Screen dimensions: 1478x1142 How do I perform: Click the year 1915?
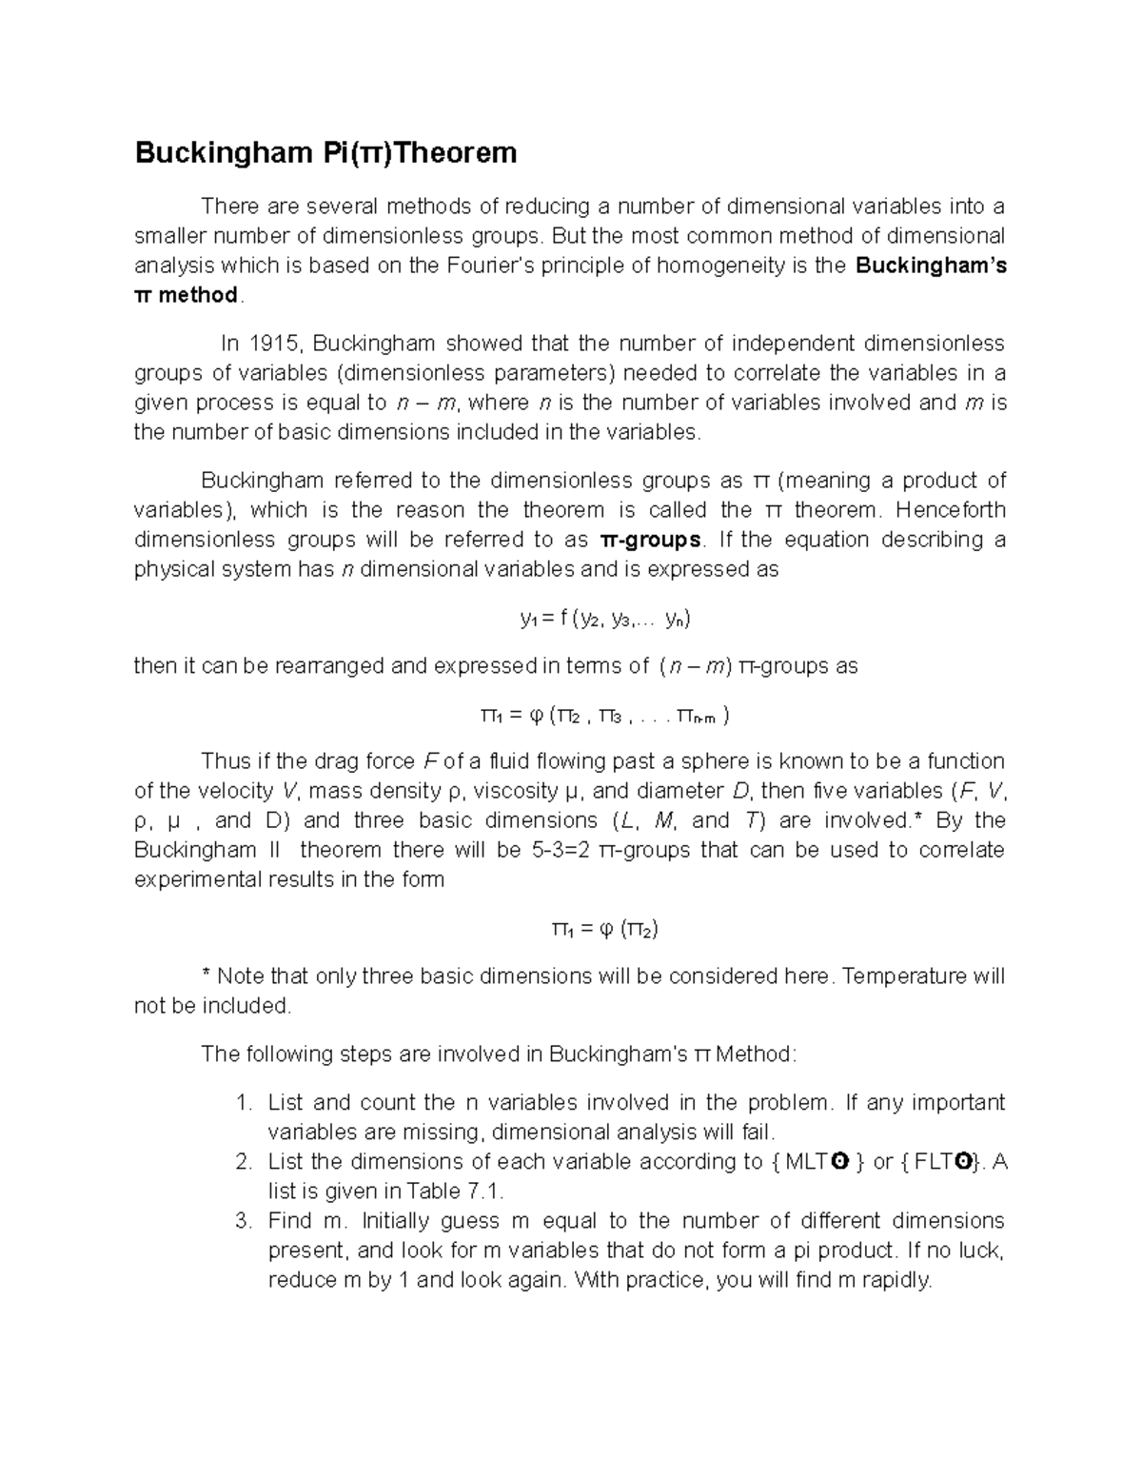point(275,343)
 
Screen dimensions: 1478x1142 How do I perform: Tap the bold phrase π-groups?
point(651,540)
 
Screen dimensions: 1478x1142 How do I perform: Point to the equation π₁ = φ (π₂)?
point(605,929)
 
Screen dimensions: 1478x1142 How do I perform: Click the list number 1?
point(243,1103)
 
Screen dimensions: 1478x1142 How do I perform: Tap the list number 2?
point(243,1162)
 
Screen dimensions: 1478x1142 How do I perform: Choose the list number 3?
point(243,1221)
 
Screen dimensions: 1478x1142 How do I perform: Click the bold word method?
point(198,295)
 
